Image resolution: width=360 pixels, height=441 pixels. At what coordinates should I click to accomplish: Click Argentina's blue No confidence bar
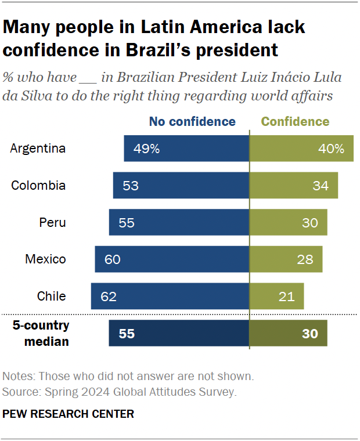(186, 149)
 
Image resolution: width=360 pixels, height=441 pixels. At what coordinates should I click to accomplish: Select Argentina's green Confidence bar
(301, 149)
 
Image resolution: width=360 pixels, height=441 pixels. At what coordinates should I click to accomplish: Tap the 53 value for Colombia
(131, 186)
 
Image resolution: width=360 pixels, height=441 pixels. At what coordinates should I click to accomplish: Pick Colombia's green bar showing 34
(293, 186)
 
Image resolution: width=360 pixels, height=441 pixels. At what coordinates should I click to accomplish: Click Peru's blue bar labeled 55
(179, 222)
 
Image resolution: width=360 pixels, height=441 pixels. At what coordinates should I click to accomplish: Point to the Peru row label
(52, 222)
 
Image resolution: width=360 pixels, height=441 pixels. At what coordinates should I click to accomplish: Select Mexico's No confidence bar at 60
(172, 259)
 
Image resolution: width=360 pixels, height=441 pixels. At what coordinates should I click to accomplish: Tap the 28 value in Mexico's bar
(305, 259)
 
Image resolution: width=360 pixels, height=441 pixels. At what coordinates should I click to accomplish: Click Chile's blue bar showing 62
(170, 296)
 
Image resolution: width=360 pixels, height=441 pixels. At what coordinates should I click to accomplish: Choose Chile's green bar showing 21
(276, 296)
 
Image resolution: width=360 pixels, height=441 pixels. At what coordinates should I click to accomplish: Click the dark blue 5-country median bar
(179, 334)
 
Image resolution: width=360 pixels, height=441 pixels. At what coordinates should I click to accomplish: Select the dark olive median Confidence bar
(287, 334)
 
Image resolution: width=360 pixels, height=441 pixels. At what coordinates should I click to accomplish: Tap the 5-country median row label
(42, 333)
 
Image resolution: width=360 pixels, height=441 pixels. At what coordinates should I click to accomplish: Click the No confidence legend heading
(192, 122)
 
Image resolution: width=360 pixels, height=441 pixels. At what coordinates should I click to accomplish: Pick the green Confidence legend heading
(295, 122)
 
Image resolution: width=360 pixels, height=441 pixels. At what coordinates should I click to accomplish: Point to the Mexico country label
(45, 259)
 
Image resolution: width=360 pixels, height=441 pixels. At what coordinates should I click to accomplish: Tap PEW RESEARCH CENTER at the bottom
(69, 414)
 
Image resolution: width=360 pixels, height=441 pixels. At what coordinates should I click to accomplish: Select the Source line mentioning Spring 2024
(119, 392)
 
